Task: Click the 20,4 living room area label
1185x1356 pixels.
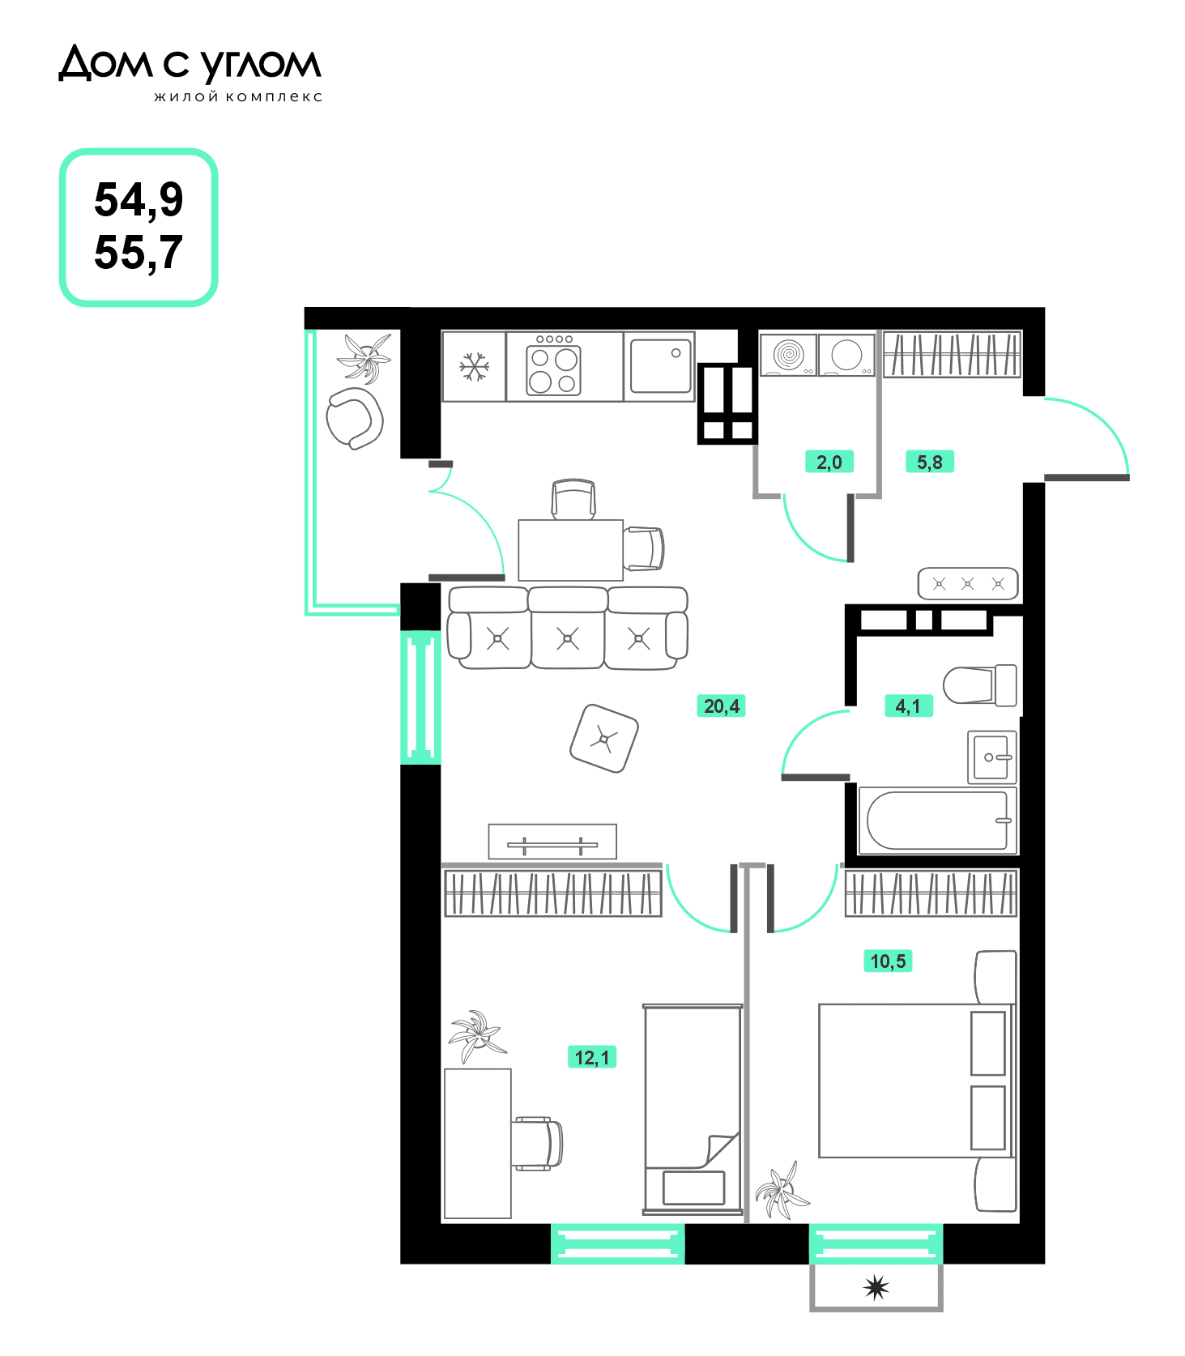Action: coord(721,706)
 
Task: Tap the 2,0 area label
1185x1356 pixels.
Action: coord(829,463)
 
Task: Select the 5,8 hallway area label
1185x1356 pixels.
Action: coord(929,463)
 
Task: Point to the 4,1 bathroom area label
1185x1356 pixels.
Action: coord(908,706)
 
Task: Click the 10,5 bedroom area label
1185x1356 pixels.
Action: coord(888,962)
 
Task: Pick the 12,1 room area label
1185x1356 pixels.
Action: coord(592,1057)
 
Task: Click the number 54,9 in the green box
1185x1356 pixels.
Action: coord(139,200)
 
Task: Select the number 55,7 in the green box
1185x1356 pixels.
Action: coord(139,253)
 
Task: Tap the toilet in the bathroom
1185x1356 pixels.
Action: coord(980,685)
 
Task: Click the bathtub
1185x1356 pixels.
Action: coord(938,820)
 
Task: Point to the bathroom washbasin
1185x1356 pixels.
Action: coord(992,757)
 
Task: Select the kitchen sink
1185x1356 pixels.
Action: coord(661,366)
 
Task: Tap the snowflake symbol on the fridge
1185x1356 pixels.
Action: coord(474,366)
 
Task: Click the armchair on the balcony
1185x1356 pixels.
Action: coord(354,418)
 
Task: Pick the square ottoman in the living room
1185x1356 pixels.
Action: coord(604,738)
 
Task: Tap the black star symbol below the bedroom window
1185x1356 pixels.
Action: coord(876,1287)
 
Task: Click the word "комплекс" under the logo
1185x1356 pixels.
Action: coord(274,97)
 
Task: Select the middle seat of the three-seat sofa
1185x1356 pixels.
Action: coord(568,629)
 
